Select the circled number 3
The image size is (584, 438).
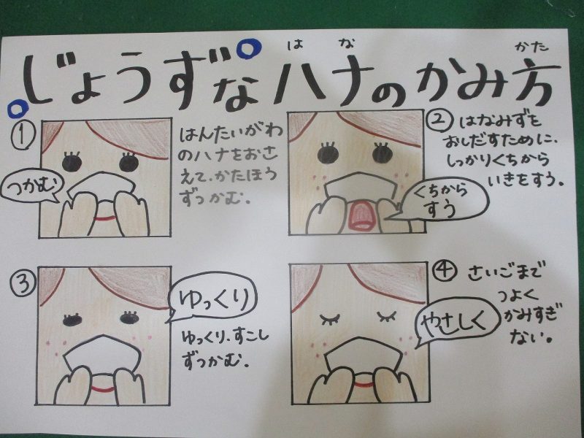[23, 284]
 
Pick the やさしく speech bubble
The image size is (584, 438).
[456, 321]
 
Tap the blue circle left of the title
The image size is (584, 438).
[18, 108]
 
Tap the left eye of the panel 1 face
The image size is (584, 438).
[72, 161]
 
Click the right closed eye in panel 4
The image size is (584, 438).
[387, 317]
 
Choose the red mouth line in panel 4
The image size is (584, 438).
[363, 384]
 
